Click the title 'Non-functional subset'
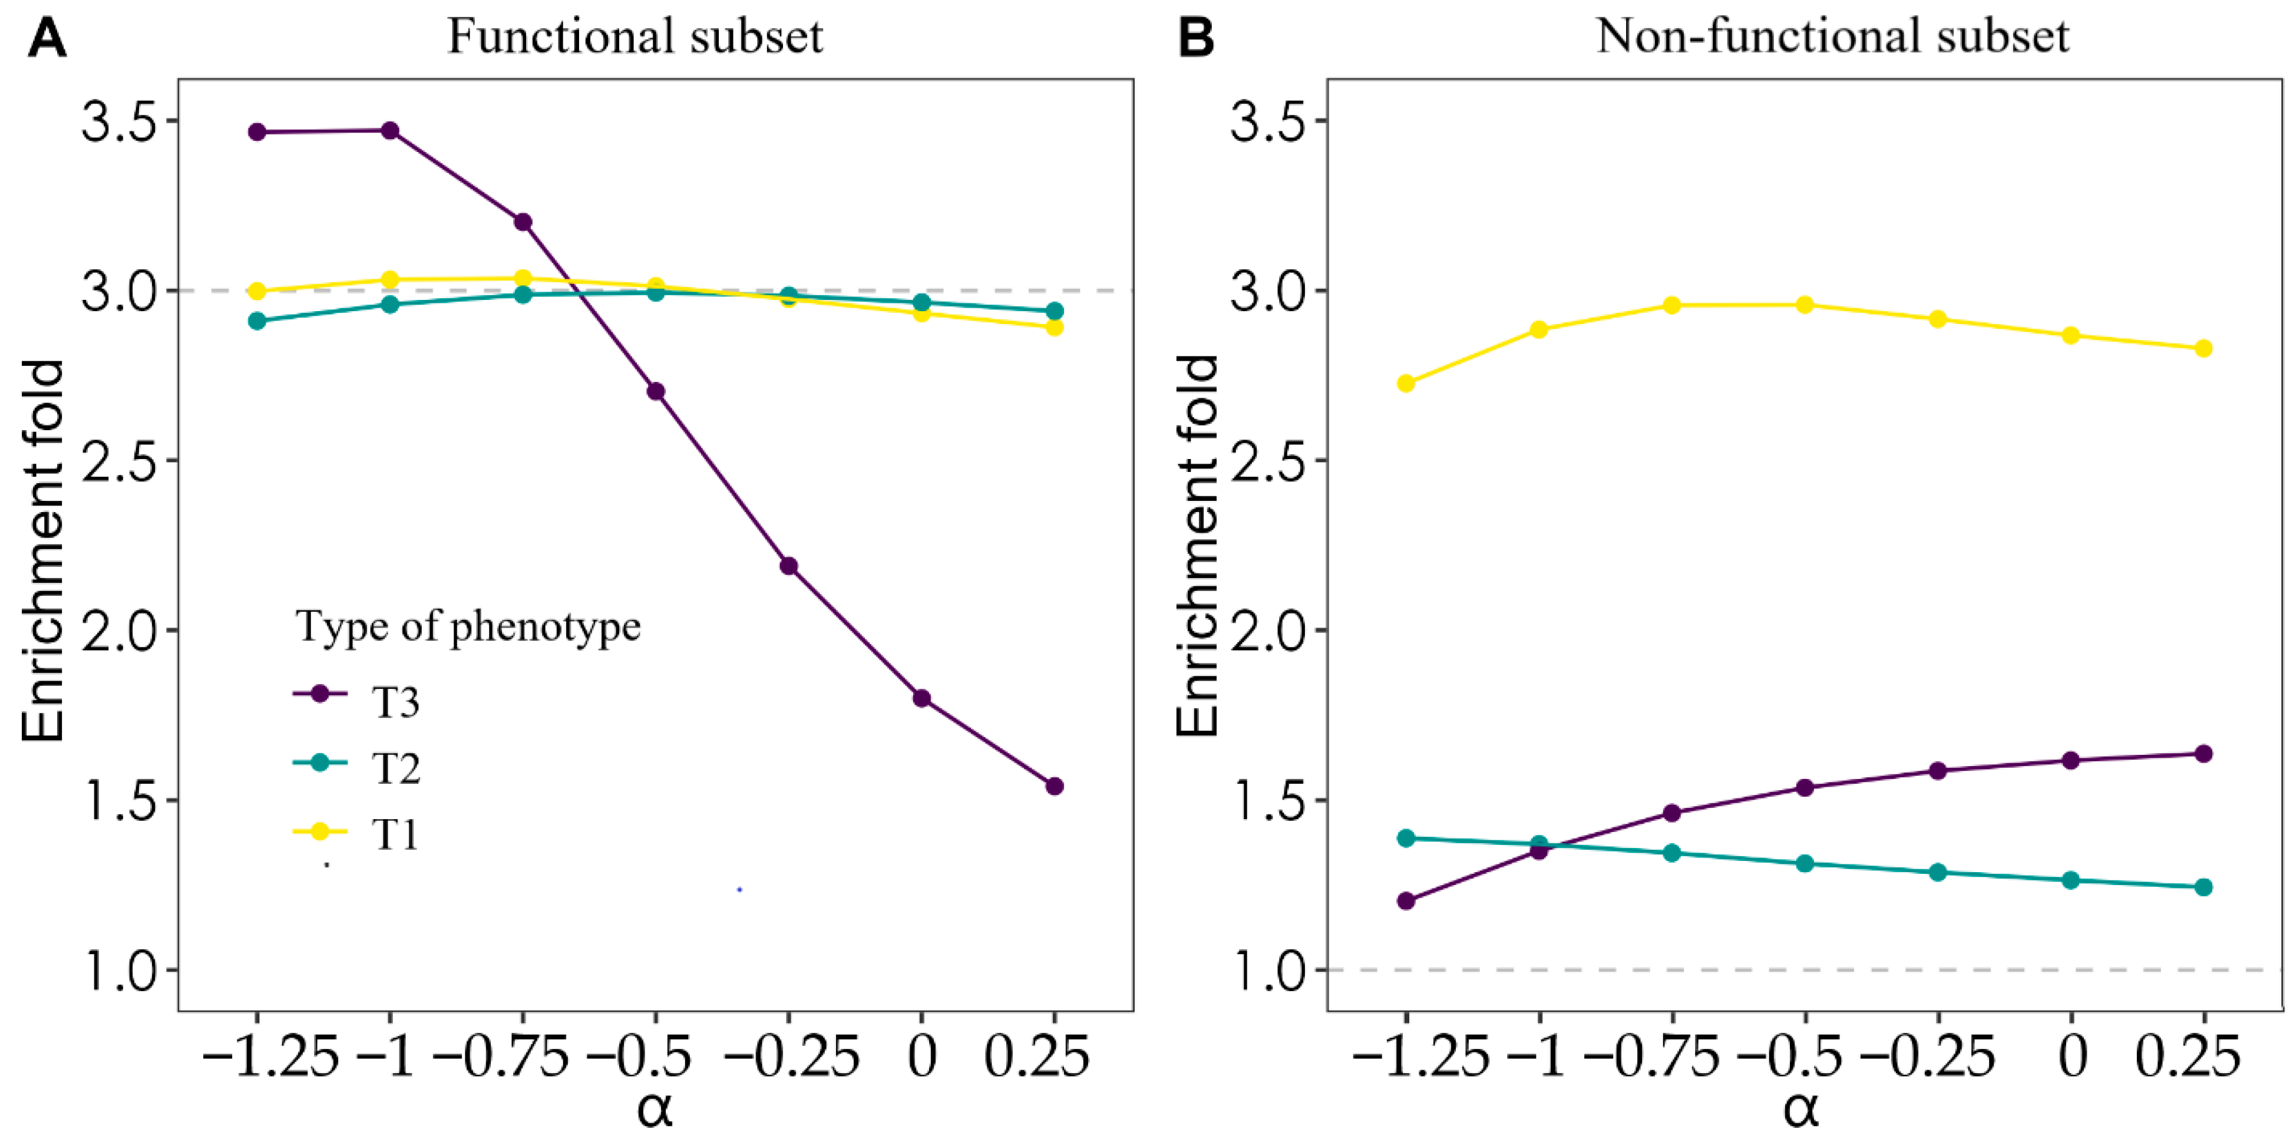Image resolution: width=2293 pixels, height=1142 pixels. pos(1832,37)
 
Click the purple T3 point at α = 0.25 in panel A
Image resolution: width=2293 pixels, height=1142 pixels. pos(1055,786)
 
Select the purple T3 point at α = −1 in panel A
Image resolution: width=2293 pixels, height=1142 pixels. pos(390,131)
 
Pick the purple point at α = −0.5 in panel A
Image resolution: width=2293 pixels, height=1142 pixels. pos(656,392)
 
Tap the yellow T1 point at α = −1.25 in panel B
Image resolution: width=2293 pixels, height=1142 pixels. pos(1406,384)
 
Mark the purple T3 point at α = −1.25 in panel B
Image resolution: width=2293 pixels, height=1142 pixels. pos(1406,901)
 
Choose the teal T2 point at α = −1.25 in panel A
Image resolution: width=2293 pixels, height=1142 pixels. pos(257,321)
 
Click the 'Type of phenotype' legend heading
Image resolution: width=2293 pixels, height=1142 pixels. pos(468,626)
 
